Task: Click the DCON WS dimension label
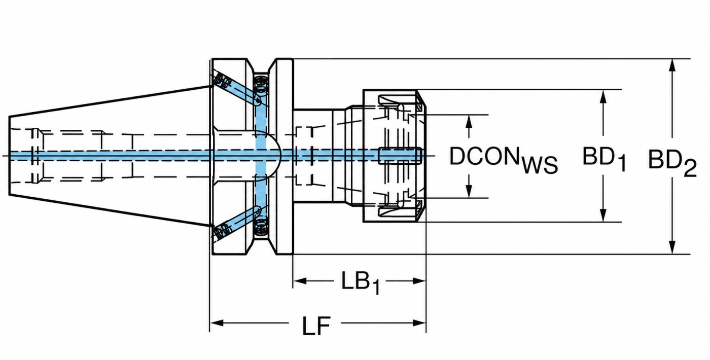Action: coord(503,159)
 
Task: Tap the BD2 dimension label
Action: coord(672,163)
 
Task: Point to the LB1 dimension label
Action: coord(360,282)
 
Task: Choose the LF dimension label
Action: coord(316,326)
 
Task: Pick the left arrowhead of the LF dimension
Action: coord(217,323)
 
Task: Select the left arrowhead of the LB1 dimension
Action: coord(300,281)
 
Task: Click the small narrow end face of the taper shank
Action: coord(9,155)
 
